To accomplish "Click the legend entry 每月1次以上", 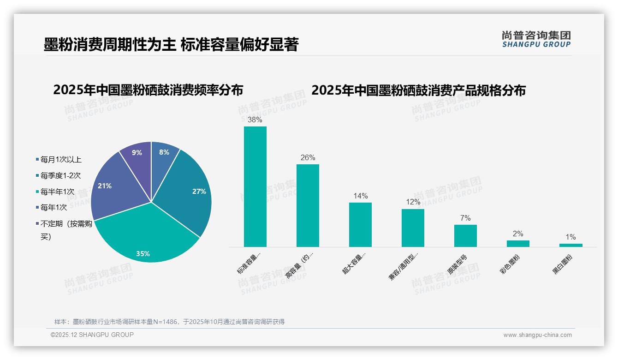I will pos(60,160).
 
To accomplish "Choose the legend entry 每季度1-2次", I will pos(60,175).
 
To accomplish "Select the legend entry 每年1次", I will pos(53,208).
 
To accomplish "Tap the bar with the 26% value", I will pos(308,205).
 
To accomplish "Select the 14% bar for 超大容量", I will pos(360,224).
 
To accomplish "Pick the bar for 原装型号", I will pos(465,235).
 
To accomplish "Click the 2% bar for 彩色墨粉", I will pos(518,243).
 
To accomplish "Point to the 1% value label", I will pos(570,237).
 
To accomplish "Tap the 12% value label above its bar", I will pos(413,202).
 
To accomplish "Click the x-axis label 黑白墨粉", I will pos(563,265).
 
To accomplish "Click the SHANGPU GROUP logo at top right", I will pos(536,39).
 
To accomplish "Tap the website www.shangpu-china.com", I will pos(537,335).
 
